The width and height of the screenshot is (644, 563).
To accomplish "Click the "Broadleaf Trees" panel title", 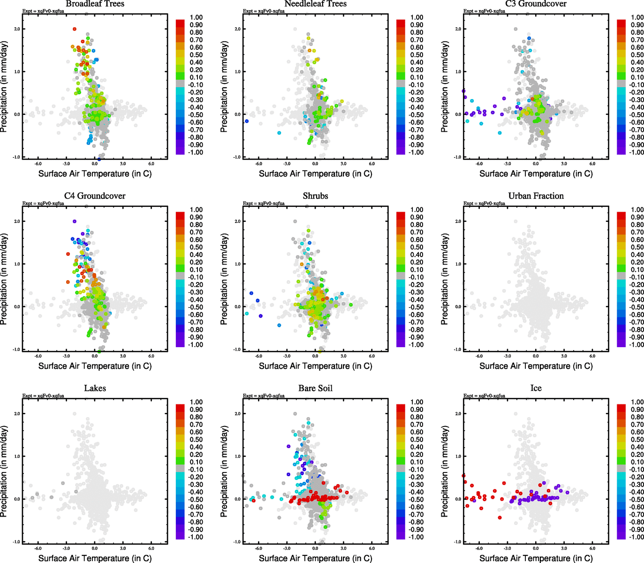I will tap(95, 4).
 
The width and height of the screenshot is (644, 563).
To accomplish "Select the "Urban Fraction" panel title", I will tap(536, 196).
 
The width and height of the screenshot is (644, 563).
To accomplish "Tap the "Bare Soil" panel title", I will tap(315, 388).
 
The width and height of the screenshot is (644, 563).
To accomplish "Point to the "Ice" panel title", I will tap(536, 388).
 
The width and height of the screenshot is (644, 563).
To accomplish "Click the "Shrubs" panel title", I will tap(315, 196).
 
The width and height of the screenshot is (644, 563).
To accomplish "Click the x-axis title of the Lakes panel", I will tap(95, 558).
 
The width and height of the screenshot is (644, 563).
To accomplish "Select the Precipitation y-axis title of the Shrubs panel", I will tap(224, 279).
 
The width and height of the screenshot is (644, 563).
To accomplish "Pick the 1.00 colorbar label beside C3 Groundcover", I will tap(637, 17).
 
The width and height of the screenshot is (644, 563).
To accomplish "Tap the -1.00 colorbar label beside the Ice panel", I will tap(636, 537).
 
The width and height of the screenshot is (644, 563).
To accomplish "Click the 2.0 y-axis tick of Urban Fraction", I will tap(458, 221).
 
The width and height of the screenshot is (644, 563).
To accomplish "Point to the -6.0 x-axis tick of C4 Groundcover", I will tap(38, 357).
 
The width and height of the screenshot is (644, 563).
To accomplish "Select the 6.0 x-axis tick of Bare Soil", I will tap(372, 548).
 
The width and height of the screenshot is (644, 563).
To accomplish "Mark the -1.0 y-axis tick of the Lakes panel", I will tap(17, 542).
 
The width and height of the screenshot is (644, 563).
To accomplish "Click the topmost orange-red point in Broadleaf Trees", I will tap(75, 29).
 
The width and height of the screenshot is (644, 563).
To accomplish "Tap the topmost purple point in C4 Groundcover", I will tap(75, 221).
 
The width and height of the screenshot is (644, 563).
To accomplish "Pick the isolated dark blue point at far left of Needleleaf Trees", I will tap(247, 121).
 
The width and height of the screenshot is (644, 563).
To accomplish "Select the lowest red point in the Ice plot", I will tap(500, 517).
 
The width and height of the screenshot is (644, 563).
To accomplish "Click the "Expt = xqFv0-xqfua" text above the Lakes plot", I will tap(43, 396).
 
